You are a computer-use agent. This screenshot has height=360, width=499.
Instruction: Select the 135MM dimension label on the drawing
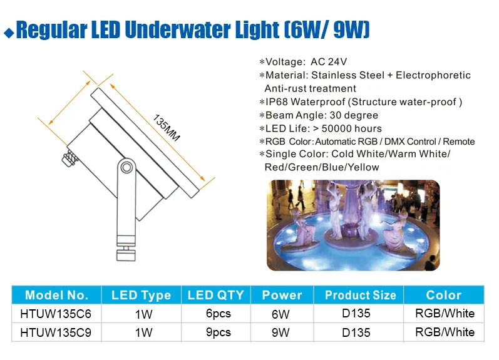(x=166, y=127)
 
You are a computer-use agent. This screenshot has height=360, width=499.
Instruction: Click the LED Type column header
(x=141, y=295)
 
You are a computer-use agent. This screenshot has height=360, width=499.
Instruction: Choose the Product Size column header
(x=360, y=295)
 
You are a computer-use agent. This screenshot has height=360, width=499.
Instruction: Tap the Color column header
(x=443, y=295)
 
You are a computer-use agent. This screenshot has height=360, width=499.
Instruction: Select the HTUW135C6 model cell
(x=56, y=314)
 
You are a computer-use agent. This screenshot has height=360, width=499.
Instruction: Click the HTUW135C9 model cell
(x=56, y=332)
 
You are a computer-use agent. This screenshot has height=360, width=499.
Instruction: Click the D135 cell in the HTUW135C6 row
(x=356, y=314)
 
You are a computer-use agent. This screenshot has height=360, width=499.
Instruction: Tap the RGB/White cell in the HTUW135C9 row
(x=445, y=332)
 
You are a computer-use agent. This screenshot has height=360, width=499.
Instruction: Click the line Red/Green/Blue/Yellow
(x=322, y=167)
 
